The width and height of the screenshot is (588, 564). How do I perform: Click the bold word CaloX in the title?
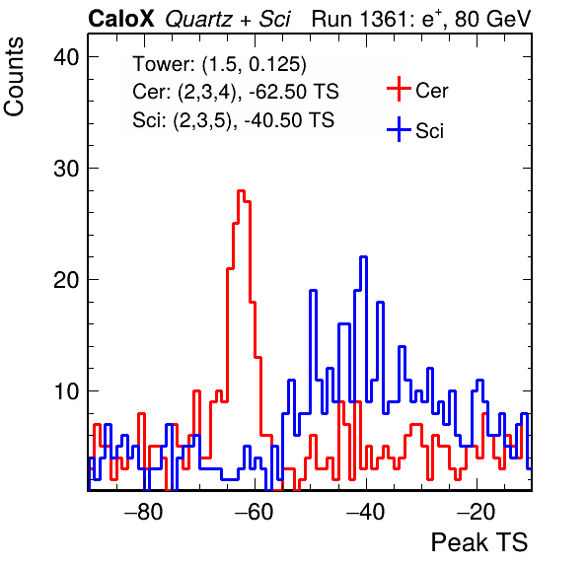121,19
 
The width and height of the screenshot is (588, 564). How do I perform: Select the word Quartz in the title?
198,20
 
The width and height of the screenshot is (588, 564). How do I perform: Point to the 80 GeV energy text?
492,19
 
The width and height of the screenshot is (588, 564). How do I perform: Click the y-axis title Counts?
14,77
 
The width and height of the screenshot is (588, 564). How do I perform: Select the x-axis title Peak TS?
479,542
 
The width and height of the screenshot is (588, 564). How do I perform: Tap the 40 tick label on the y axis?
66,57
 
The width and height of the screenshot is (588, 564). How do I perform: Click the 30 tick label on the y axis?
66,169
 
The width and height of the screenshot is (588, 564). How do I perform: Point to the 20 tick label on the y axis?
66,280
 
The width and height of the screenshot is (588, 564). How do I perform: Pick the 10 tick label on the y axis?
66,391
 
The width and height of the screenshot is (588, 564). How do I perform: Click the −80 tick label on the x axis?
144,511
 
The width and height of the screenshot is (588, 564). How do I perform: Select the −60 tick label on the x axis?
255,511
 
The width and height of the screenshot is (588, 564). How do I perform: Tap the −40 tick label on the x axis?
366,511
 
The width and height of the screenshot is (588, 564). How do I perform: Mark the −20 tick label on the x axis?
477,511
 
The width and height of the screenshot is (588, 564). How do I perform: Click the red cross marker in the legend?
399,89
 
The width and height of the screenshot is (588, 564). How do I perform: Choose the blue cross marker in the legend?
399,129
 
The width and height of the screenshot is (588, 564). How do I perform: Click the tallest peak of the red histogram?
241,191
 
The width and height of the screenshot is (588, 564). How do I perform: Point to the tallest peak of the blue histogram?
363,257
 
